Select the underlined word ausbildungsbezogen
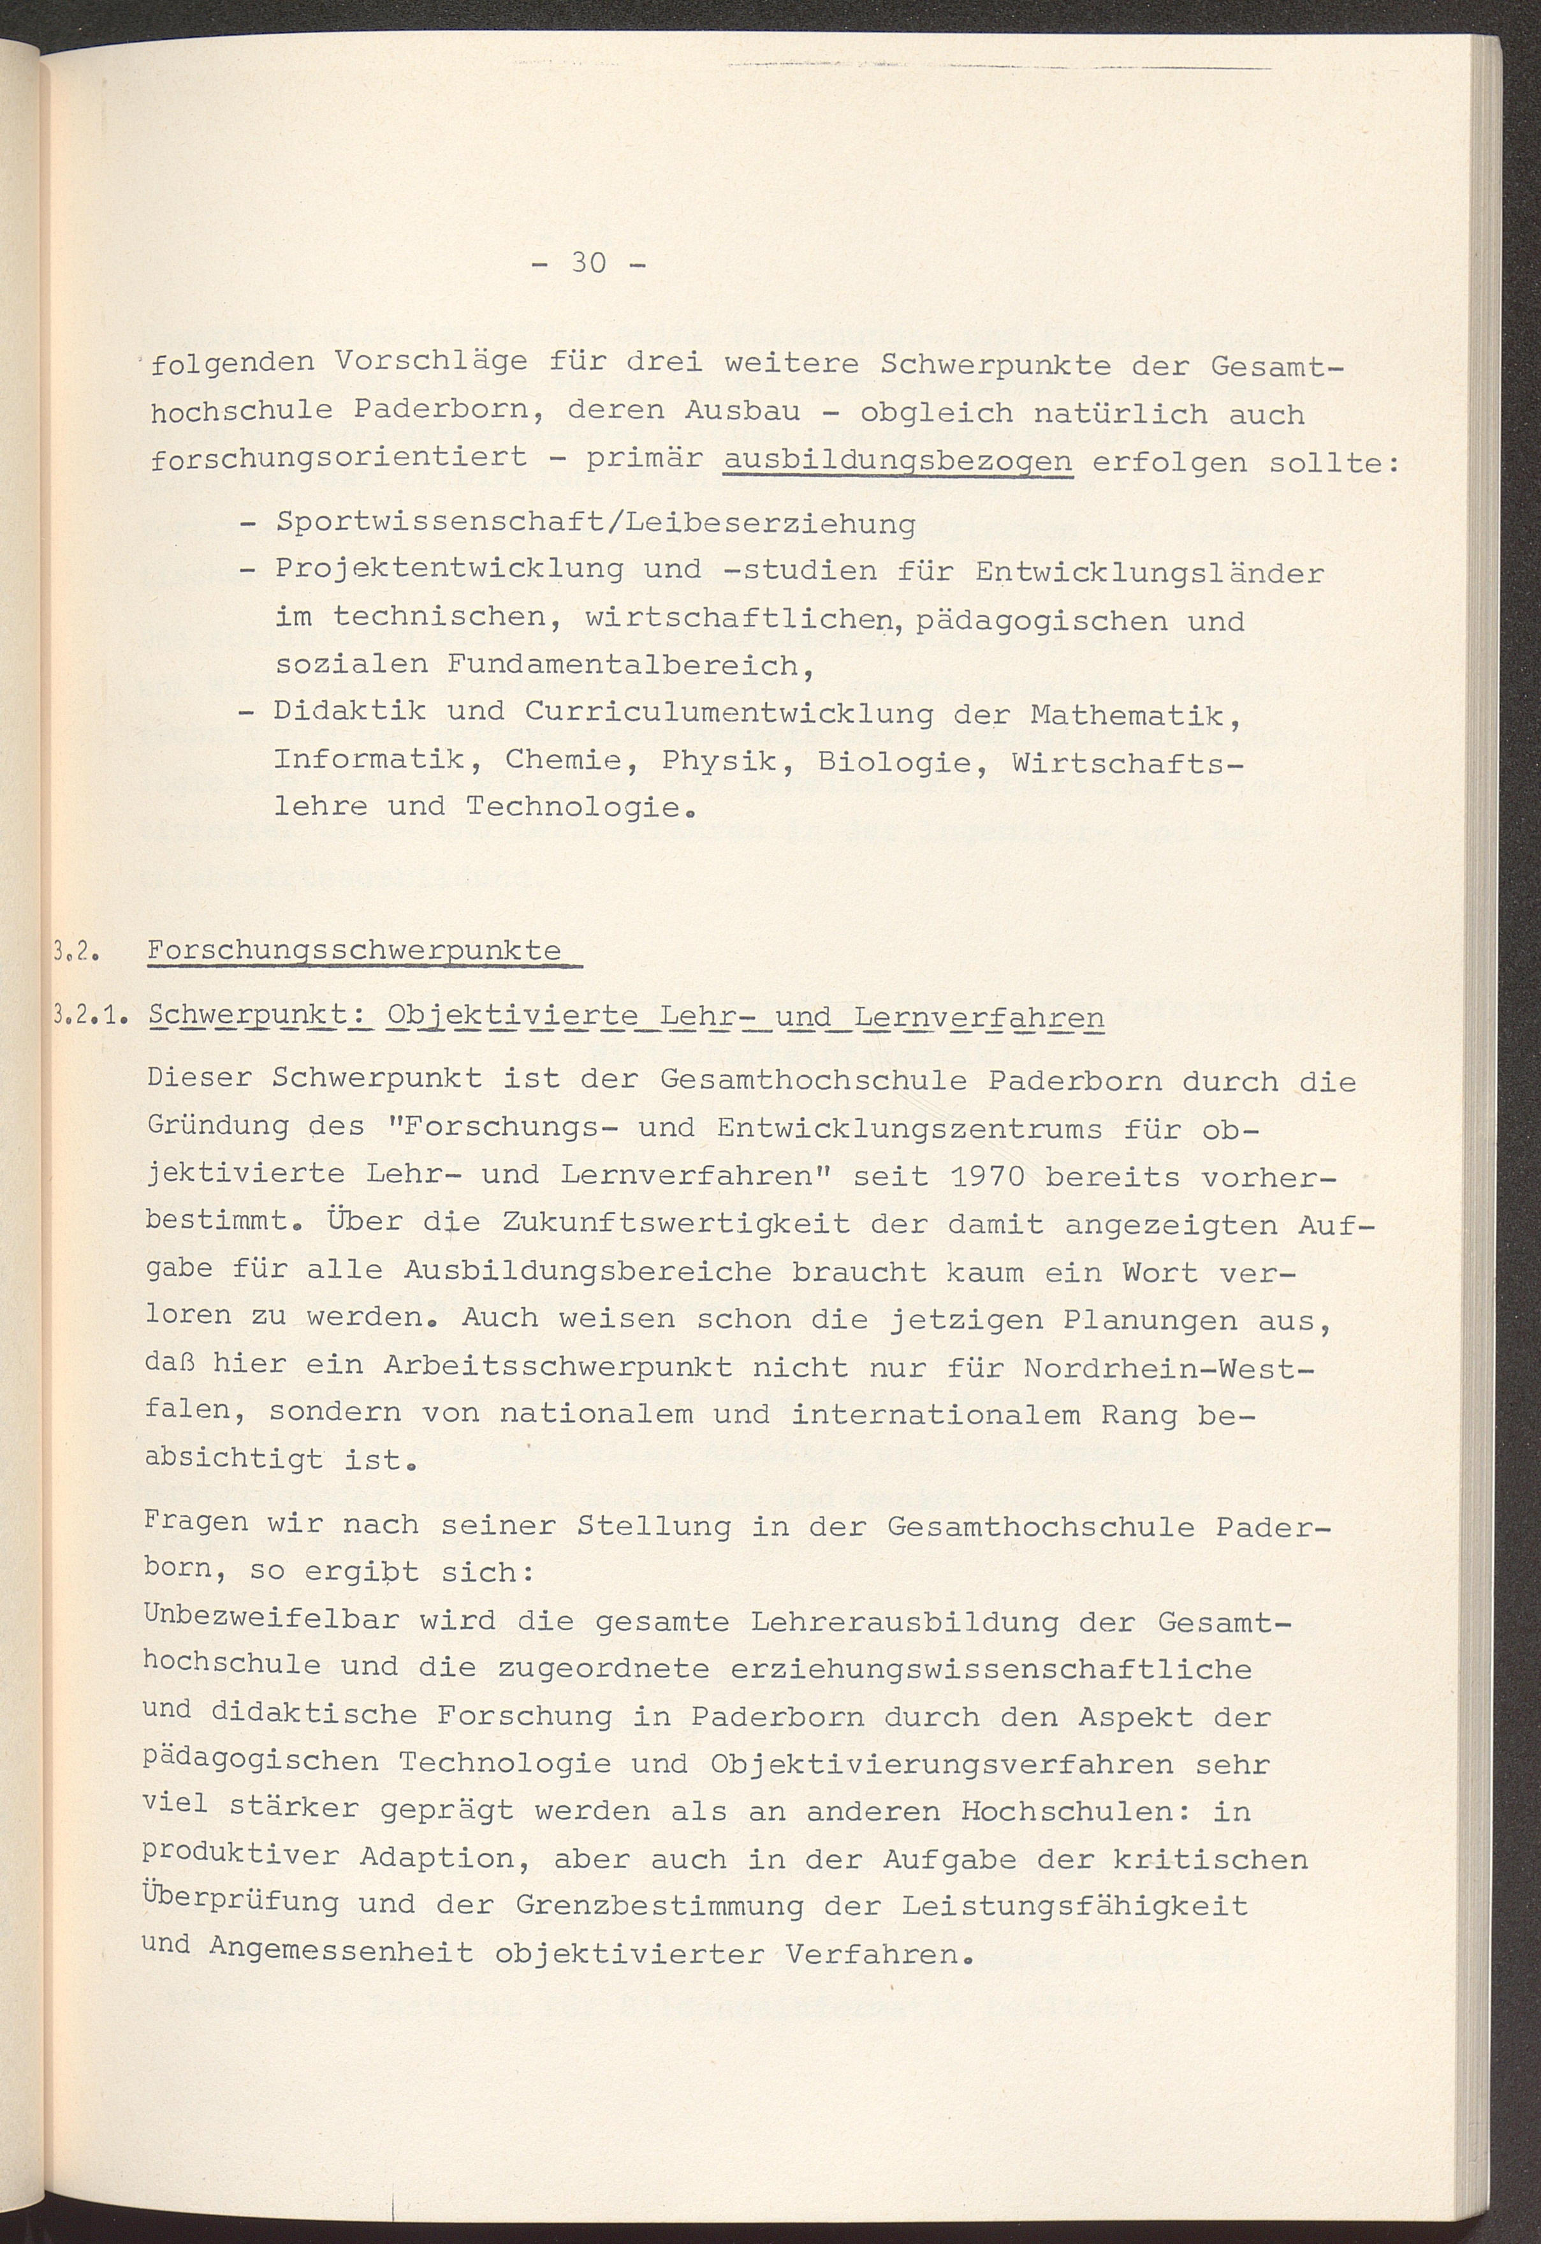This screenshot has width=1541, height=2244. click(x=897, y=461)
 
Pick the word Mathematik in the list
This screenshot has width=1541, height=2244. click(x=1136, y=716)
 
